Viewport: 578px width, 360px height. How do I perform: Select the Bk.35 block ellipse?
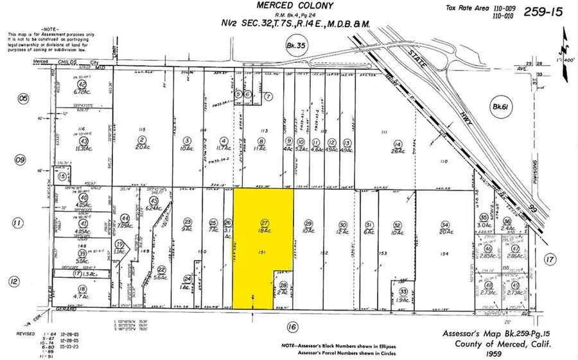292,45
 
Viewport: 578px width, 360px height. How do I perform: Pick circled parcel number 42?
82,84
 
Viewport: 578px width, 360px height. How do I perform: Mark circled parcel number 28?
283,285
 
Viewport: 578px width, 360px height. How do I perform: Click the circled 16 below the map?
293,328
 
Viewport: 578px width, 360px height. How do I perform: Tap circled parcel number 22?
161,270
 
